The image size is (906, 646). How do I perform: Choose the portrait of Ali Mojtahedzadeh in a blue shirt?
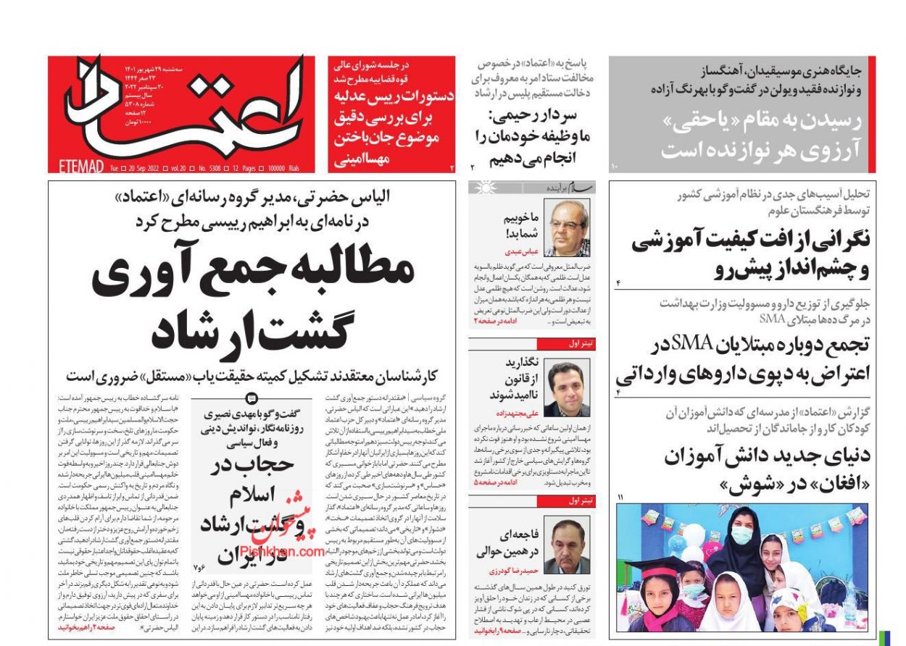567,388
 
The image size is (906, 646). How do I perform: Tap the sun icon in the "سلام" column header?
479,188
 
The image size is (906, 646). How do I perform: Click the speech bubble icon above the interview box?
251,398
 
